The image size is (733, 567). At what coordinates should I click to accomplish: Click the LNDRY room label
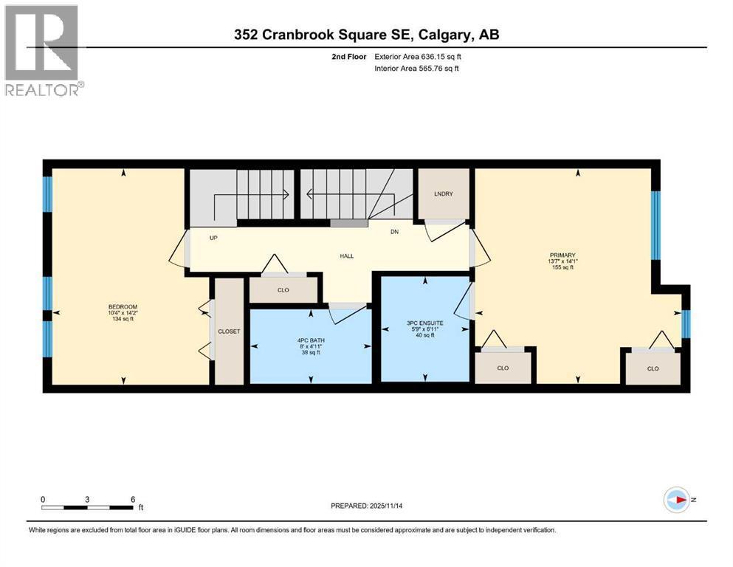coord(443,193)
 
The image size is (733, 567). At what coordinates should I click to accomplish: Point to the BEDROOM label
coord(123,306)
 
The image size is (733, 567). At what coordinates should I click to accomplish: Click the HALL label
coord(346,256)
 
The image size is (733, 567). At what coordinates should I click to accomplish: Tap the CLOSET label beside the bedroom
coord(229,331)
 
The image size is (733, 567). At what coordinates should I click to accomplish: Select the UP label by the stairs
coord(213,238)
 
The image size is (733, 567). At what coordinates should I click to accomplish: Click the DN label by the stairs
coord(395,232)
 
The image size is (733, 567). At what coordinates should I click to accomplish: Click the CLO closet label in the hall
coord(283,290)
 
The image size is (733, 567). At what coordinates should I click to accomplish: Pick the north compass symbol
coord(675,500)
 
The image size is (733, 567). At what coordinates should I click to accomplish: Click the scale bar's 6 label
coord(133,499)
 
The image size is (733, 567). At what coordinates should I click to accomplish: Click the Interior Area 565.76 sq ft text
coord(416,69)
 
